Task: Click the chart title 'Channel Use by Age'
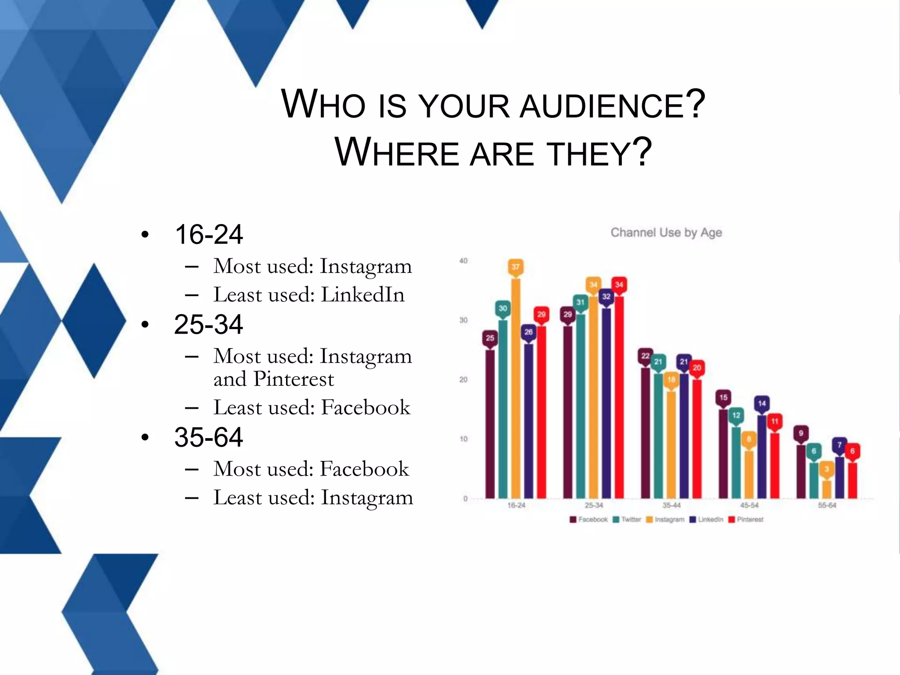tap(666, 232)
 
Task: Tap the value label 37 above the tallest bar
tap(515, 267)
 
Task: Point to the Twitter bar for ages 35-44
tap(658, 435)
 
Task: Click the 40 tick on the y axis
tap(463, 261)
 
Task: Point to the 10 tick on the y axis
tap(463, 439)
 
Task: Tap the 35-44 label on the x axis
tap(671, 505)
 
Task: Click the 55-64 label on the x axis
tap(827, 505)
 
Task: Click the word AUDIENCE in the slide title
tap(602, 106)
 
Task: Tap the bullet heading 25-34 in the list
tap(208, 325)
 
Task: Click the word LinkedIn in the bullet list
tap(363, 295)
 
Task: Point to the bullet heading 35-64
tap(208, 437)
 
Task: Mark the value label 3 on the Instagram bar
tap(827, 469)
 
